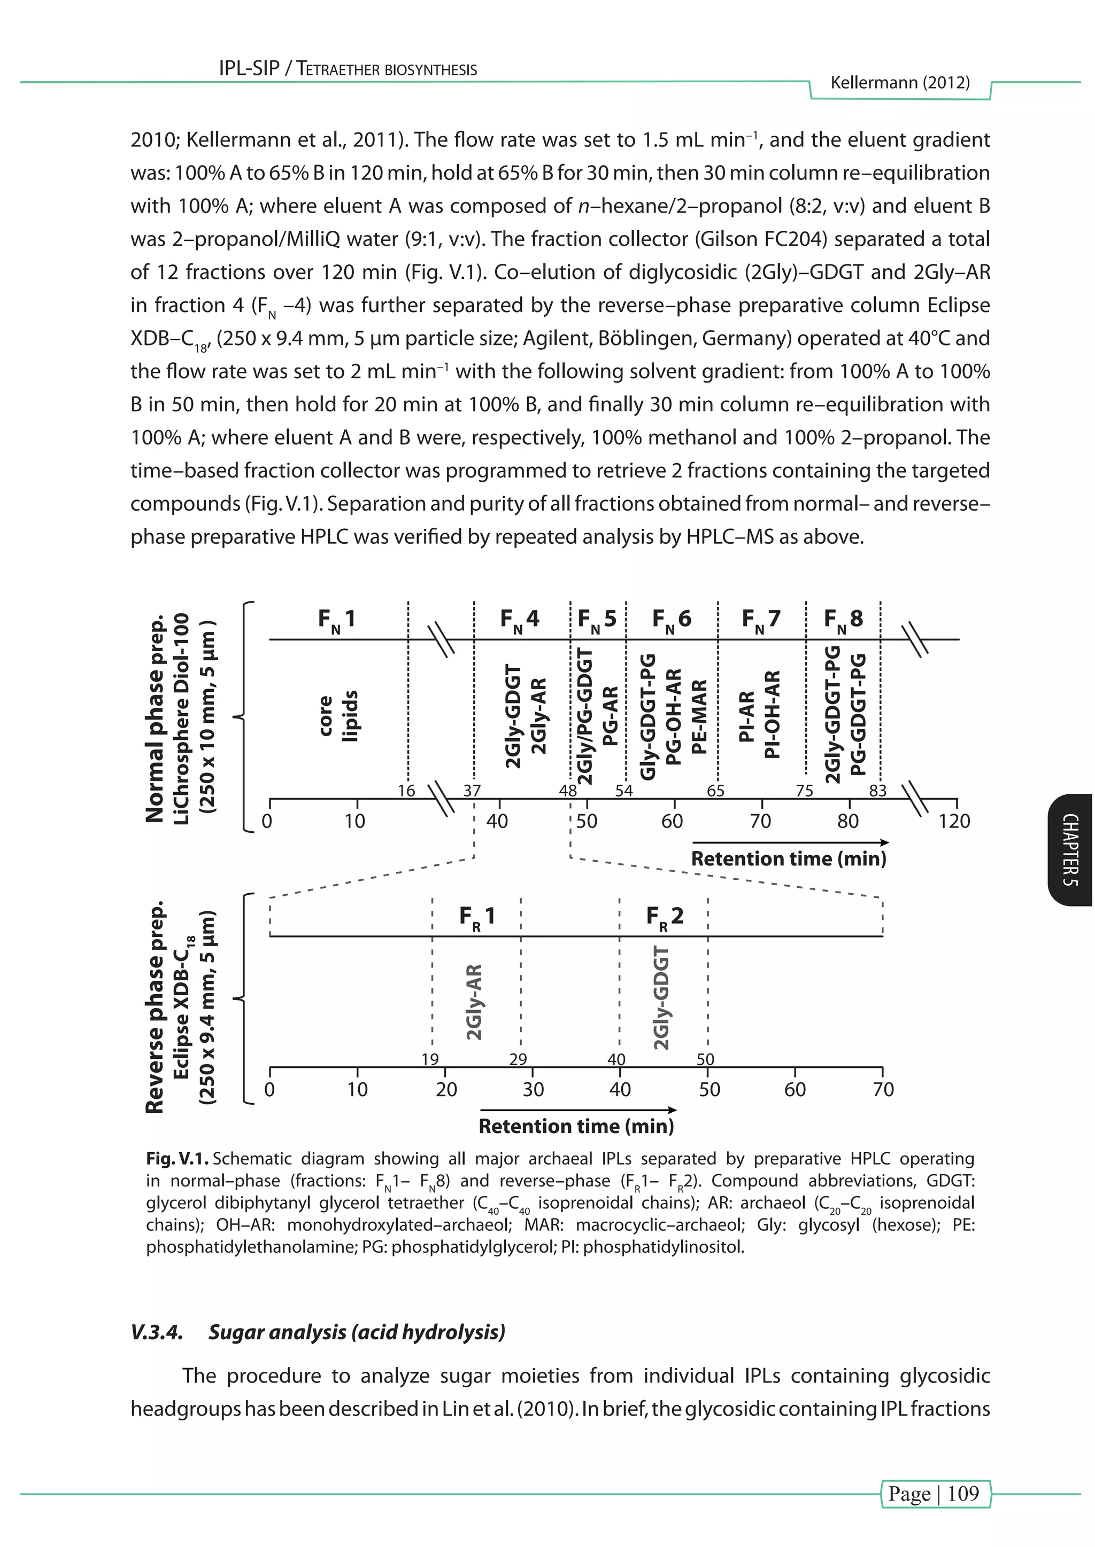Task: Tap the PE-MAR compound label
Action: point(700,716)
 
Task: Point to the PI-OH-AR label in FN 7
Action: point(773,714)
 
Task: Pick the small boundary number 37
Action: point(472,791)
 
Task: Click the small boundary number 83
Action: point(877,791)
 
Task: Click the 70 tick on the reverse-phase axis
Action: point(883,1090)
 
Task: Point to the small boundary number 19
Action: point(430,1059)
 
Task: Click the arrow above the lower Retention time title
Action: point(578,1110)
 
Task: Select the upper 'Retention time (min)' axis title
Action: point(788,859)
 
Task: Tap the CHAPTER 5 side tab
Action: point(1071,850)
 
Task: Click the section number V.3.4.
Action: point(157,1332)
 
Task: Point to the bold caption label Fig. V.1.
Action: point(178,1159)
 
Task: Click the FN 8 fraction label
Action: point(843,620)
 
